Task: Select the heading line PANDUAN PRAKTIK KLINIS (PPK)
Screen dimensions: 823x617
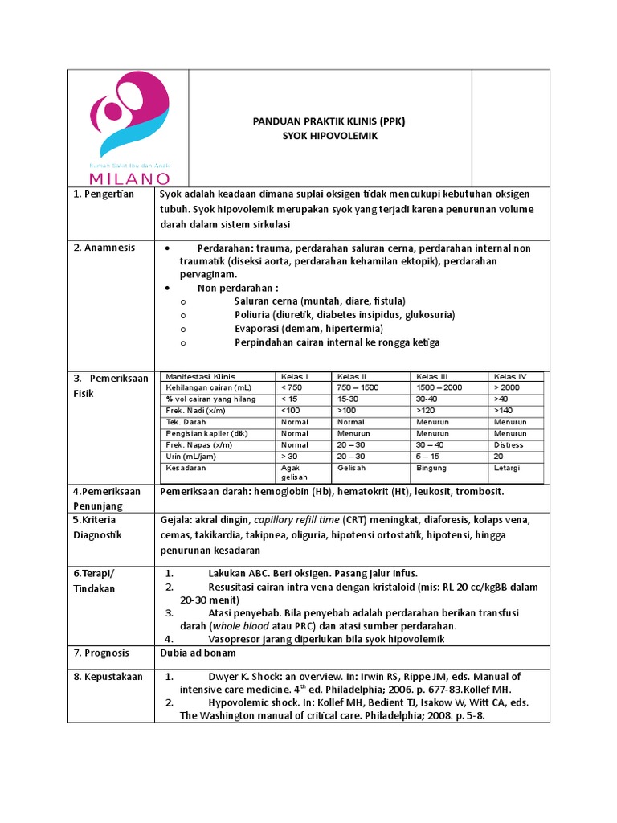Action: click(329, 121)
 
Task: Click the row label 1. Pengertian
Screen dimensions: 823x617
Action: click(104, 194)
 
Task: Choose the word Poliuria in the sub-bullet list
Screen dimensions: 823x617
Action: click(253, 314)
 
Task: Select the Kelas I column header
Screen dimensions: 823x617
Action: click(293, 376)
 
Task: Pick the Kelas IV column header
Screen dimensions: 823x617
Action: click(510, 376)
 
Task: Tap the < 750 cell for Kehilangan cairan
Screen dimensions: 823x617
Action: click(292, 387)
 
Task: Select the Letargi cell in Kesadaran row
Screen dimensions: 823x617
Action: click(508, 467)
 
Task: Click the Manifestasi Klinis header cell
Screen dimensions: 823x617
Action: click(195, 376)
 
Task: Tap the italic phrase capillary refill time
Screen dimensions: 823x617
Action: click(296, 520)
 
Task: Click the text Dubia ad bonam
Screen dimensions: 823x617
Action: click(198, 653)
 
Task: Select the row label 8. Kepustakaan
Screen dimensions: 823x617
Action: click(108, 677)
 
